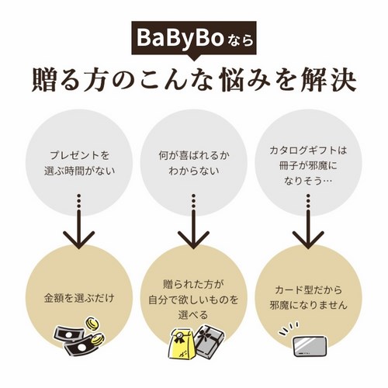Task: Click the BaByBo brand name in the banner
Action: [180, 38]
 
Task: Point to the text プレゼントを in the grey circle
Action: [79, 155]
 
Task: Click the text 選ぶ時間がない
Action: [79, 171]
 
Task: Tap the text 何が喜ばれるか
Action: [194, 155]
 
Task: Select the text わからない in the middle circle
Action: [194, 171]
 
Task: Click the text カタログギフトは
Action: [308, 151]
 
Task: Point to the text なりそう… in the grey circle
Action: [308, 181]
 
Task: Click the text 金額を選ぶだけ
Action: [79, 298]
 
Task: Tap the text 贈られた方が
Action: [193, 285]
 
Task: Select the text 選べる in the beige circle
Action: [193, 315]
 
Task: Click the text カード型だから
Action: [308, 290]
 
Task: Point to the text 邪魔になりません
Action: [308, 305]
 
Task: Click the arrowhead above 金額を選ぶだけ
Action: [79, 240]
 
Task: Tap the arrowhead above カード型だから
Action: [308, 240]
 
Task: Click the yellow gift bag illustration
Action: [182, 344]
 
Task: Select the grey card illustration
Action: [310, 346]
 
